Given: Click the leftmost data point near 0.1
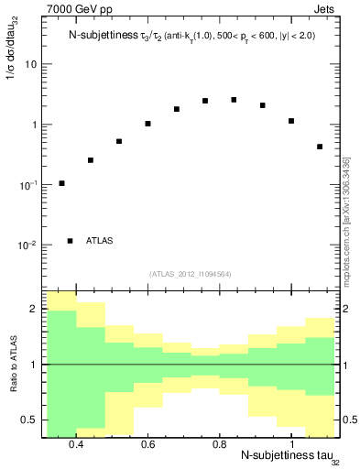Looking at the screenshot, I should click(61, 183).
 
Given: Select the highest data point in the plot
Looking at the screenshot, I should click(234, 100).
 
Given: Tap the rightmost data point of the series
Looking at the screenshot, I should click(320, 147).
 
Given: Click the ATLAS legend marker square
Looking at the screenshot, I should click(71, 241).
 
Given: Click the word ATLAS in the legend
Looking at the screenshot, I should click(100, 241).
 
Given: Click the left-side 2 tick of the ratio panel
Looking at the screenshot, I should click(34, 310).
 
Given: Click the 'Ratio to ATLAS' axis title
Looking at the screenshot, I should click(12, 364).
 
